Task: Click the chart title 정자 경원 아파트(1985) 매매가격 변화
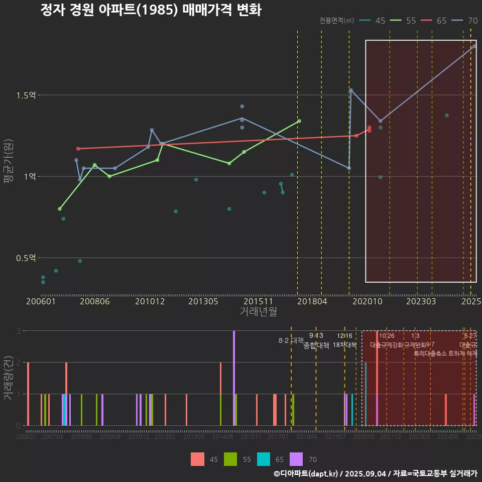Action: [151, 10]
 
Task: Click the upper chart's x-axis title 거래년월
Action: [258, 312]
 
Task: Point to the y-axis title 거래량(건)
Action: [8, 378]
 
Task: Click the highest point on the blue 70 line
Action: [474, 46]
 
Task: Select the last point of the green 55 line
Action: [299, 121]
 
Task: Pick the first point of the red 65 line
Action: [78, 149]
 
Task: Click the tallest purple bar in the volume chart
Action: [234, 378]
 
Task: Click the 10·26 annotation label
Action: [387, 336]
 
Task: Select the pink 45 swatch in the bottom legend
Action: [197, 459]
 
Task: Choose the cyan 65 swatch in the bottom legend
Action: [264, 459]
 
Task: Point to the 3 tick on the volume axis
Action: [19, 331]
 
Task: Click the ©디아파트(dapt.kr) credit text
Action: [306, 473]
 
